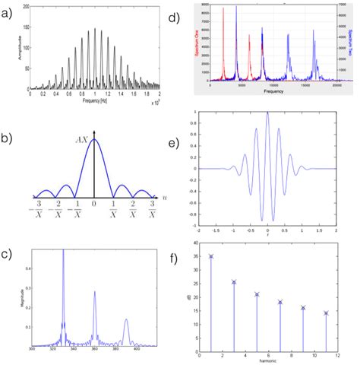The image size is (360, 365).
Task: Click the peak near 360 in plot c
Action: [x=95, y=292]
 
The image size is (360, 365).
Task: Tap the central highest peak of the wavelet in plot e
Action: [x=267, y=113]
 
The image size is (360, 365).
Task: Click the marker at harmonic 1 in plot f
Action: [x=211, y=256]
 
